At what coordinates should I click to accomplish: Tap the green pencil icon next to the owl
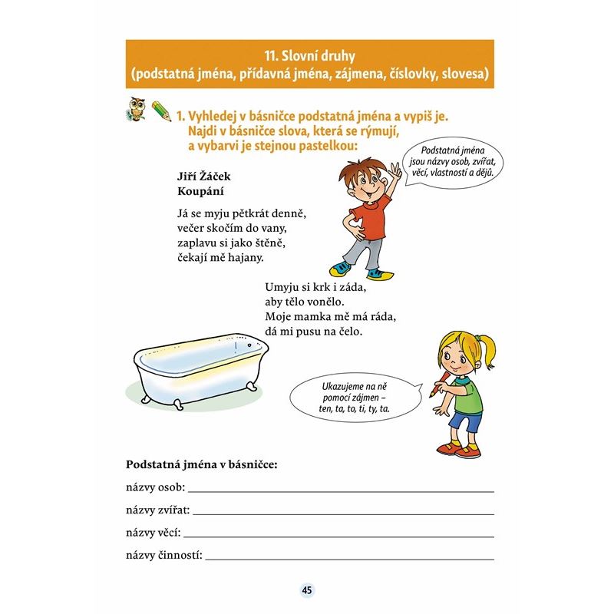coord(161,111)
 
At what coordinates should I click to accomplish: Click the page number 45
coord(307,589)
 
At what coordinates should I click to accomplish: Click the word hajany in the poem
coord(246,257)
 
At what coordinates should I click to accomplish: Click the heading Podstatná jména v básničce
coord(201,465)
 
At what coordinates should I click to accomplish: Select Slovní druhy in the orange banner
coord(310,55)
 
